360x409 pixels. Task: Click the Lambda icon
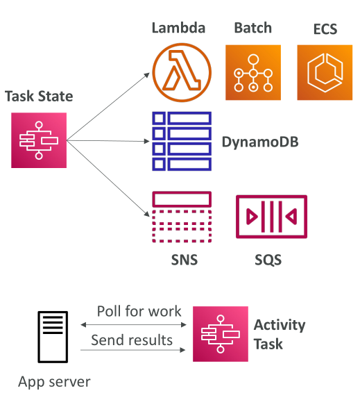click(182, 72)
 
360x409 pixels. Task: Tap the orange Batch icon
click(253, 72)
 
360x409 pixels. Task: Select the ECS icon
click(325, 72)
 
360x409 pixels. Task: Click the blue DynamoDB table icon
click(182, 141)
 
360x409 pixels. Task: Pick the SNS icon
click(182, 217)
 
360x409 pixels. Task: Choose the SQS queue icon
click(271, 217)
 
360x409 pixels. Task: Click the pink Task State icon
click(39, 140)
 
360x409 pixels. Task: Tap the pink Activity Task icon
click(221, 334)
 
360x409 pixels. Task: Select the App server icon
click(53, 337)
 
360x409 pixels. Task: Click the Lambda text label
click(179, 28)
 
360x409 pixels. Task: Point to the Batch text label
click(253, 28)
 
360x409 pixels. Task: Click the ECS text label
click(325, 29)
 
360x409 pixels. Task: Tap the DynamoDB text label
click(260, 142)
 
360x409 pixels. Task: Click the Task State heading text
click(39, 96)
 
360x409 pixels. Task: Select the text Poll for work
click(139, 311)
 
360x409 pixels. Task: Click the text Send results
click(132, 340)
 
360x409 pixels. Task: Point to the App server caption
click(54, 382)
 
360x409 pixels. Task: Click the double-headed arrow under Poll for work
click(133, 325)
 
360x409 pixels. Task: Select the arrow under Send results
click(133, 350)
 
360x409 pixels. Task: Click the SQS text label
click(268, 260)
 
